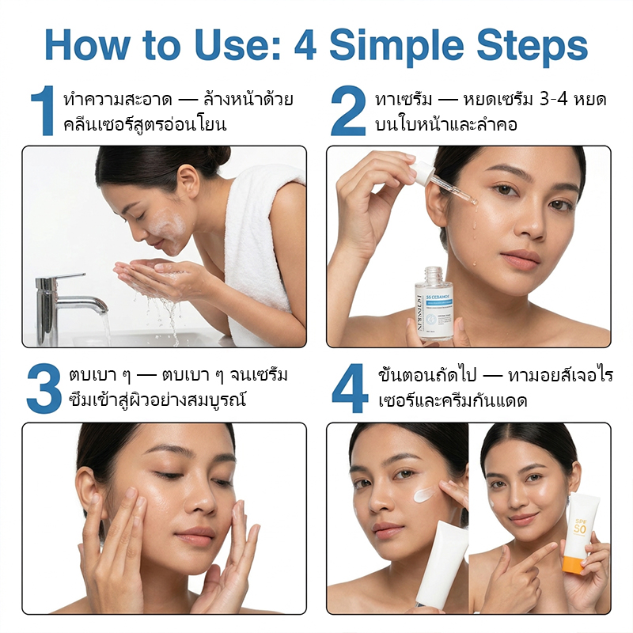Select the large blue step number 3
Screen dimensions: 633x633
(x=43, y=389)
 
